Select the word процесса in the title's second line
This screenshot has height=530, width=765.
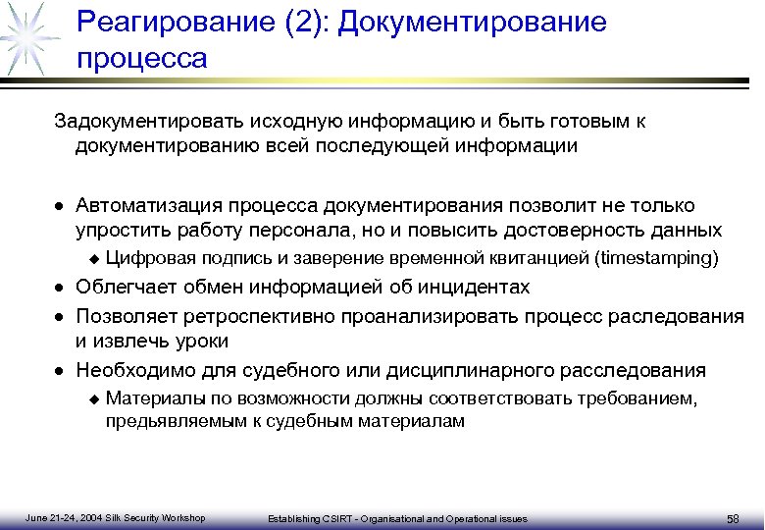click(142, 58)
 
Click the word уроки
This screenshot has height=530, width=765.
click(201, 342)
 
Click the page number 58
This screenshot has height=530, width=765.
click(733, 518)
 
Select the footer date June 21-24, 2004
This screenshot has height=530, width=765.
click(65, 517)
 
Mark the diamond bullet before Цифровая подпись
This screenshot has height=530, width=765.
click(94, 259)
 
